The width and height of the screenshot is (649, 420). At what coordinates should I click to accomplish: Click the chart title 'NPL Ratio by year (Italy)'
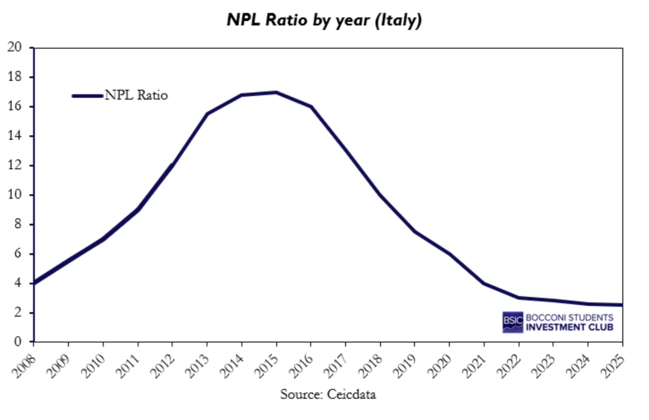pyautogui.click(x=324, y=20)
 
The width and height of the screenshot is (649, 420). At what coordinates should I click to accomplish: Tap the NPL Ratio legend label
pyautogui.click(x=136, y=96)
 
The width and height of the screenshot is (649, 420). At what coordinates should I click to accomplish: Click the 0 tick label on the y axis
pyautogui.click(x=18, y=342)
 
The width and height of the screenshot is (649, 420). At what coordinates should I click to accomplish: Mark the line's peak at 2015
pyautogui.click(x=276, y=92)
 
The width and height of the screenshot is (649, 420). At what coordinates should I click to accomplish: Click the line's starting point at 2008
pyautogui.click(x=34, y=283)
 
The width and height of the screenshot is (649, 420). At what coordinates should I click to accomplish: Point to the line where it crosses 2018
pyautogui.click(x=380, y=195)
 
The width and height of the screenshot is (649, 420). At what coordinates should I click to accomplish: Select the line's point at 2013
pyautogui.click(x=207, y=114)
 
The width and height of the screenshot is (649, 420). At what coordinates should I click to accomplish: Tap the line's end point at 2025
pyautogui.click(x=621, y=305)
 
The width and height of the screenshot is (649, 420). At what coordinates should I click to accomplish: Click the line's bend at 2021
pyautogui.click(x=484, y=283)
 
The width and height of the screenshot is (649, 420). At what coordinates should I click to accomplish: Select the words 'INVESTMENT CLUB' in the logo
pyautogui.click(x=570, y=327)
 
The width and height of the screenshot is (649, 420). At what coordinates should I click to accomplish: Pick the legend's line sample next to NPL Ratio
pyautogui.click(x=87, y=96)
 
